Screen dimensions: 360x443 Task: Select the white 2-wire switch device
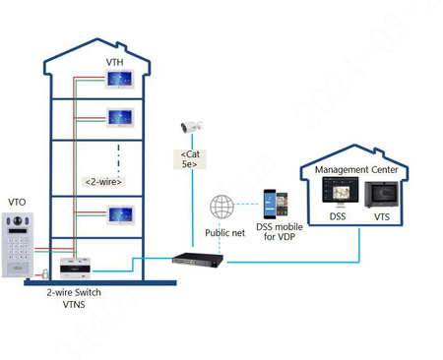point(76,267)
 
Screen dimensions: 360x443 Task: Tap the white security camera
point(188,127)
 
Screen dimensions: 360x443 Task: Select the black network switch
point(197,261)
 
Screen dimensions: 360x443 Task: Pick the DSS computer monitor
point(337,197)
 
